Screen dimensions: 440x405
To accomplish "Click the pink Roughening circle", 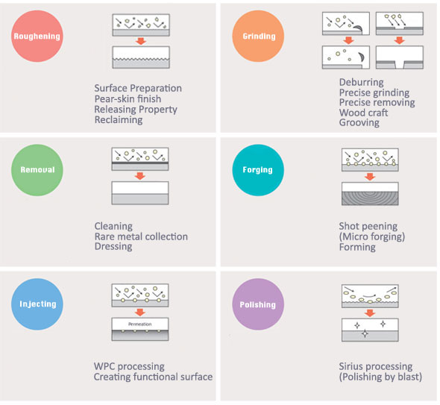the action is coord(37,37).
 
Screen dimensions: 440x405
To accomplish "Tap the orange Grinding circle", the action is coord(258,37).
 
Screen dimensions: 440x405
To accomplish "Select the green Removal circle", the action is coord(37,170).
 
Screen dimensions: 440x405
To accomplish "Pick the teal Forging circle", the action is coord(258,170).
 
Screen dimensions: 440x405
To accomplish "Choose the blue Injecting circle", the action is coord(37,304).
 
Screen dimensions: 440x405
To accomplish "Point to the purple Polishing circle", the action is coord(258,304).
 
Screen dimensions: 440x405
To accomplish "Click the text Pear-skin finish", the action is coord(128,98).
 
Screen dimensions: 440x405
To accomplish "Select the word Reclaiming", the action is coord(119,120).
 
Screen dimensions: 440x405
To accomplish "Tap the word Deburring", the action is coord(362,82).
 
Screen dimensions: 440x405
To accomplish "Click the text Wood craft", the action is coord(363,113).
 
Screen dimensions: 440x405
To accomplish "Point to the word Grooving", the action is coord(359,122).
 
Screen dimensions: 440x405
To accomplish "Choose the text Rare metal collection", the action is coord(141,236).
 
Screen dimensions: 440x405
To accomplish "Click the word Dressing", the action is coord(113,246).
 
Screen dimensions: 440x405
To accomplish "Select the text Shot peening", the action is coord(368,226).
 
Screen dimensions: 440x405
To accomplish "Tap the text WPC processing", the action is coord(129,366).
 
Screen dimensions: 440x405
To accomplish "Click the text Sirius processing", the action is coord(376,366).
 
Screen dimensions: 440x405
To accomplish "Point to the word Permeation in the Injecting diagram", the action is coord(140,324).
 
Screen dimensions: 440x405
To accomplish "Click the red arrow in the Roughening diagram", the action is coord(141,41).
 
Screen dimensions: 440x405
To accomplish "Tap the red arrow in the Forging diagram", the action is coord(370,177).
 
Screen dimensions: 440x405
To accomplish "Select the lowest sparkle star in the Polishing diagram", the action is coord(365,333).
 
